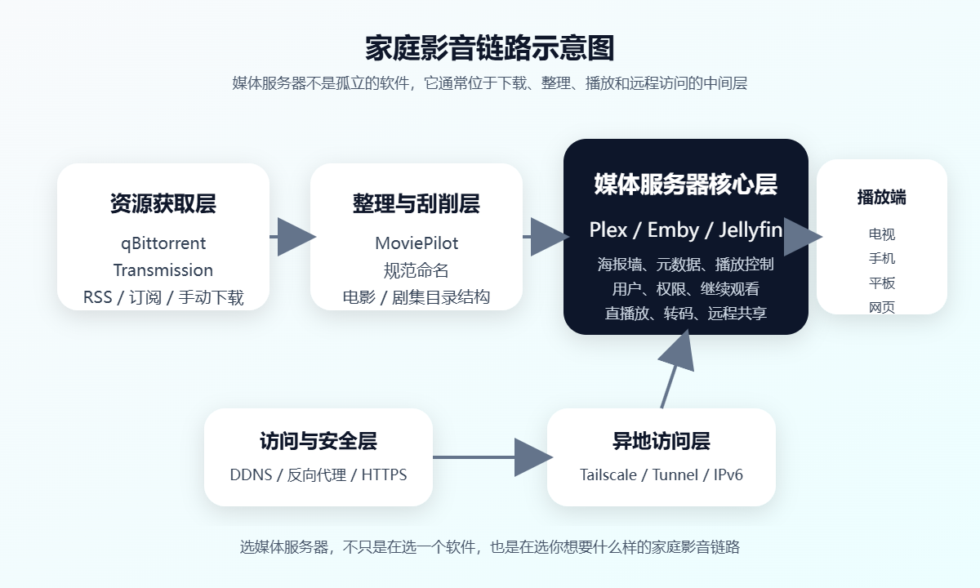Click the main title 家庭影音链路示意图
coord(489,48)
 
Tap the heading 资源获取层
coord(163,203)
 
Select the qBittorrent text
coord(163,243)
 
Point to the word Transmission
coord(163,270)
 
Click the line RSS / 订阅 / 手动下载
coord(163,297)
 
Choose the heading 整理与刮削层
coord(416,203)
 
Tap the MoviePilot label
coord(416,243)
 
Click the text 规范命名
coord(416,270)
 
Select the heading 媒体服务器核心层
coord(685,184)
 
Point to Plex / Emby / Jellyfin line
coord(685,230)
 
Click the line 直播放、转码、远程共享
coord(685,313)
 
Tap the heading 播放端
coord(881,198)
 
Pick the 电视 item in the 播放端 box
coord(881,234)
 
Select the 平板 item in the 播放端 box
coord(881,283)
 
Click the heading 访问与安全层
coord(318,442)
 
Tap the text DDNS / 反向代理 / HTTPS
coord(318,474)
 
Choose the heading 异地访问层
coord(661,442)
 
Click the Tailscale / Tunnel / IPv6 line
coord(661,474)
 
